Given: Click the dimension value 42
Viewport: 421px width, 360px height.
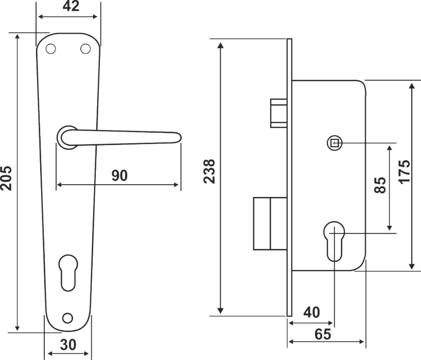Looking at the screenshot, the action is coord(71,6).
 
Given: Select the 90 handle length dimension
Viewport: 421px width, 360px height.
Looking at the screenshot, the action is coord(119,175).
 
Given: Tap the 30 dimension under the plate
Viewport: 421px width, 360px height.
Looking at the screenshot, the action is coord(68,345).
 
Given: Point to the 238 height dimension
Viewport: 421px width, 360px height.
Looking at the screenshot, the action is coord(209,171).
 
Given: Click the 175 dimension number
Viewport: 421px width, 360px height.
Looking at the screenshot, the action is coord(405,172).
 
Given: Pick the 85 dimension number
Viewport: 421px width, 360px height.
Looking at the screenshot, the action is coord(380,185).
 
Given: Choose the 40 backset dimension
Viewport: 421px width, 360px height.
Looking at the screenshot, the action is coord(312,312).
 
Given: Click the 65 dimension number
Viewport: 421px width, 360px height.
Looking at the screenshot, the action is coord(323,334).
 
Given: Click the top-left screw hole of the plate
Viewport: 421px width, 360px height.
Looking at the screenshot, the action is coord(51,49).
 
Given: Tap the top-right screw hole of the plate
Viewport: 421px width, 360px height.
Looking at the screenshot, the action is coord(85,48).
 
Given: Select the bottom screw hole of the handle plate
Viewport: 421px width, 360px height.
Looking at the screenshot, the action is coord(67,318).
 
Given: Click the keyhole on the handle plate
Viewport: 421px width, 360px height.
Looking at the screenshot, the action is coord(68,273).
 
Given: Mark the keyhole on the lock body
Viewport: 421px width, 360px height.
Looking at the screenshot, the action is coord(334,241).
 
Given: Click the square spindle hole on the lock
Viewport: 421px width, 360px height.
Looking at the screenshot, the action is coord(335,143).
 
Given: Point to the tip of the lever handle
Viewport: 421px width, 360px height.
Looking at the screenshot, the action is coord(181,137).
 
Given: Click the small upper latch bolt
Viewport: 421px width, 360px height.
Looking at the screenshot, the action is coord(279,113).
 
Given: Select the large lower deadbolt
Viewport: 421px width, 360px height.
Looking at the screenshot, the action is coord(270,224).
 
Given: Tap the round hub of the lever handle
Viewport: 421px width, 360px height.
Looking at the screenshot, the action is coord(67,137).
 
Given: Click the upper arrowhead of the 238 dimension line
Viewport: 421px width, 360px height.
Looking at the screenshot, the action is coord(220,45).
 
